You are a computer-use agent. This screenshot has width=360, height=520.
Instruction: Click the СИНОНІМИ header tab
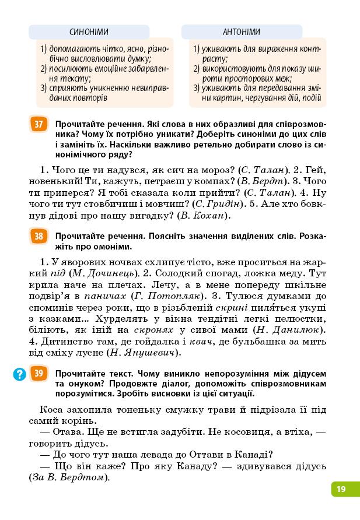tap(89, 33)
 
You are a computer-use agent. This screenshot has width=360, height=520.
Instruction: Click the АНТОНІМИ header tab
tap(241, 32)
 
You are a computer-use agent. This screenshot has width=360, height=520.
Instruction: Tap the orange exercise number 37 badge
tap(39, 124)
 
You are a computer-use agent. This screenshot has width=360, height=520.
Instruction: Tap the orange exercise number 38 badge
tap(39, 236)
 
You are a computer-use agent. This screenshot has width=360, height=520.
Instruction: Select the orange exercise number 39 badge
tap(39, 373)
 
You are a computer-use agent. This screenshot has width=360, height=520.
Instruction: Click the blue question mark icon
tap(20, 374)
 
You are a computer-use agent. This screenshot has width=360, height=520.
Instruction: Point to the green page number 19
tap(341, 489)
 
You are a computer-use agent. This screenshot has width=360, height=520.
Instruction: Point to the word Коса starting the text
tap(53, 409)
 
